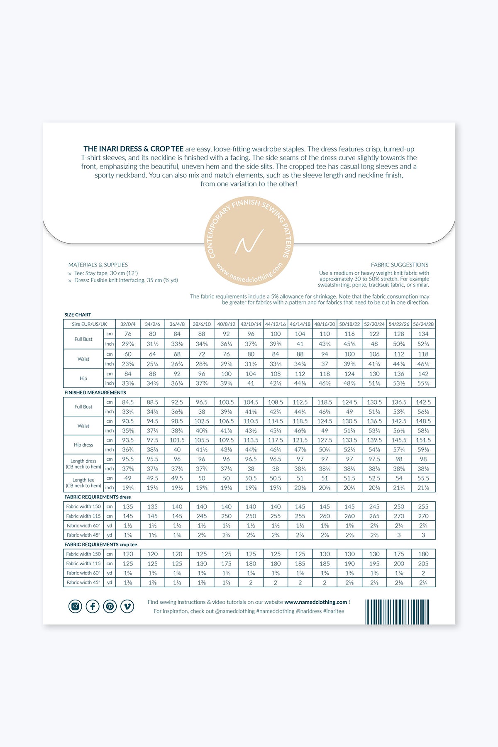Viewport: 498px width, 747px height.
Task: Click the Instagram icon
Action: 75,606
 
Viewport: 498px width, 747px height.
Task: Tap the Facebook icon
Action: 93,606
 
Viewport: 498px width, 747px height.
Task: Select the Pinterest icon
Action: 110,606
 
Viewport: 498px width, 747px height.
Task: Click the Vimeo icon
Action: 127,606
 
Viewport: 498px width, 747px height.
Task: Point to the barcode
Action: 397,612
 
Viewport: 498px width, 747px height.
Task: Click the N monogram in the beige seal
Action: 249,241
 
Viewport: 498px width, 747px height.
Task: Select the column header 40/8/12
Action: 226,324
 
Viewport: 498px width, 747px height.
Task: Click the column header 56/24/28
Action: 423,324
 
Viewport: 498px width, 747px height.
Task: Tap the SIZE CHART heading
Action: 78,315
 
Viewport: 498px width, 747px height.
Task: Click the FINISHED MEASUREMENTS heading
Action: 95,393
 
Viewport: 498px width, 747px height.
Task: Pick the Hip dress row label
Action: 83,445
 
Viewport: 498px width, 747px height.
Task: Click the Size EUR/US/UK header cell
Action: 89,324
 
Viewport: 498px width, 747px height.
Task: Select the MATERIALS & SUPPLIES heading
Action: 98,265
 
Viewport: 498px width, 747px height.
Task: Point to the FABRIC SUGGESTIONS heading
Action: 400,265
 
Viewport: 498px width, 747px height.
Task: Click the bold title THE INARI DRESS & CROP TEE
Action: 133,149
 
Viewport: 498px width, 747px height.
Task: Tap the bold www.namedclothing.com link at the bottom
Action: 315,602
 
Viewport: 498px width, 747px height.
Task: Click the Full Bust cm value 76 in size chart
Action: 128,334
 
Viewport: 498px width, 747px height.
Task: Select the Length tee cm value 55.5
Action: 423,478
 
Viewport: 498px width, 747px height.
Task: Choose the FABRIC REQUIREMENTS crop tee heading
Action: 100,544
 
